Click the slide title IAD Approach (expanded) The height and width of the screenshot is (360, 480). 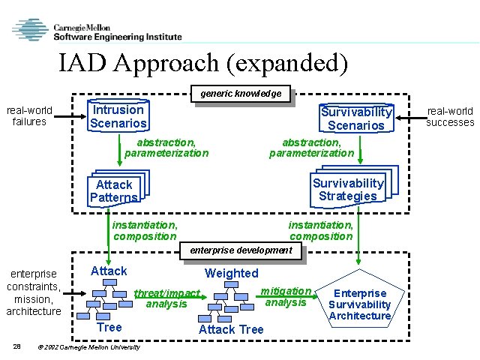[203, 63]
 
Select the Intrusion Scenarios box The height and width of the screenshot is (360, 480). [118, 116]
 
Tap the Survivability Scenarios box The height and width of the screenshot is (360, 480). [355, 118]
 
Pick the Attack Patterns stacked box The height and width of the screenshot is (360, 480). [115, 190]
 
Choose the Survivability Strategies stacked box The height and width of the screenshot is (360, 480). [348, 189]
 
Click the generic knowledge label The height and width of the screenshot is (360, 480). [241, 94]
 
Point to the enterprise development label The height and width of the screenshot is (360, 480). [241, 250]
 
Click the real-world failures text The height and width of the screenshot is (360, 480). [29, 115]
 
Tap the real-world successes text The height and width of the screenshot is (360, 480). [450, 117]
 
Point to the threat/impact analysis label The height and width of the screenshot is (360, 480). [167, 298]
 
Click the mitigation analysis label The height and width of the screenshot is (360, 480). [286, 296]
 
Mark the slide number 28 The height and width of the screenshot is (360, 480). [17, 346]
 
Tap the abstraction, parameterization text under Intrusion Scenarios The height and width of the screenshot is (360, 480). [166, 147]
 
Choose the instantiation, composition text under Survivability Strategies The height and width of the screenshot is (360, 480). [320, 230]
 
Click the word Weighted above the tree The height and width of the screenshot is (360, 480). [231, 273]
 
